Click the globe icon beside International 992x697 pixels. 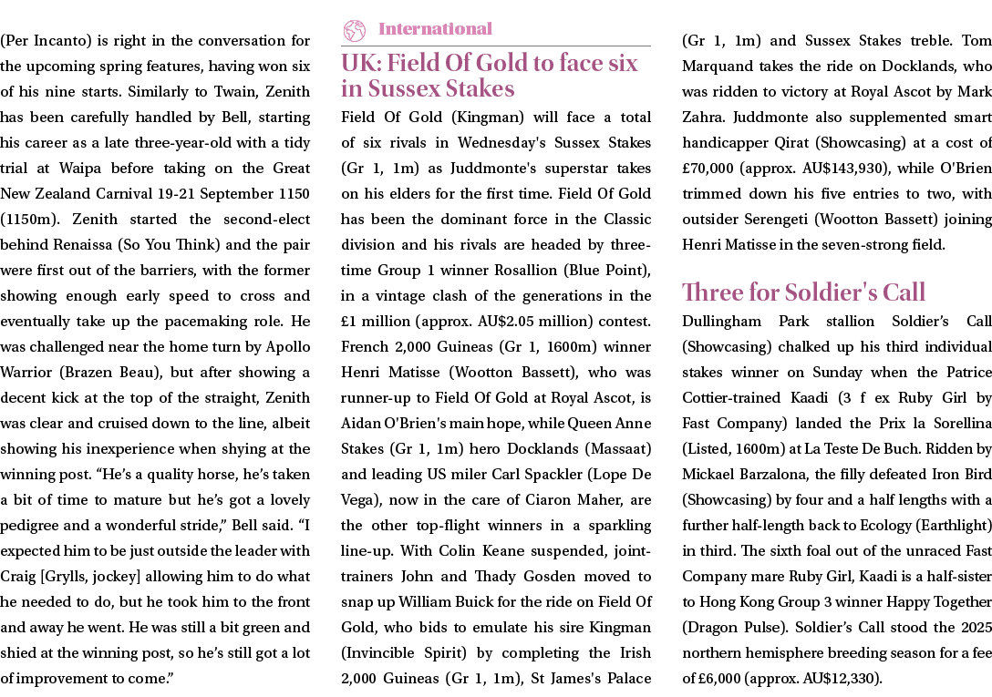pos(354,30)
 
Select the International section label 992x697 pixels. pos(435,29)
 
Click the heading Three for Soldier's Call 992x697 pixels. pos(804,292)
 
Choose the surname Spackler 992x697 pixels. pos(553,474)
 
